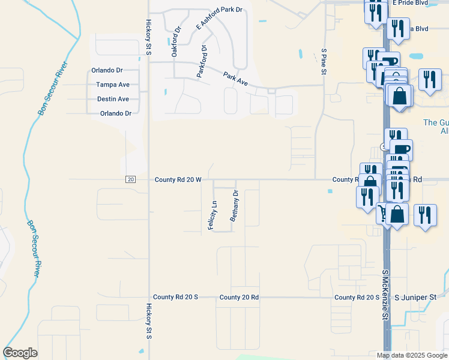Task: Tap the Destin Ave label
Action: (x=113, y=99)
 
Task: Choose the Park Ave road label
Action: (x=235, y=78)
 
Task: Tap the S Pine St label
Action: (x=324, y=62)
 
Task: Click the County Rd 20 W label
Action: (x=178, y=179)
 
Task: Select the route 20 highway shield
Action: (x=131, y=179)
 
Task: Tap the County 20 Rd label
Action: (x=239, y=297)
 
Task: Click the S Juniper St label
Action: (x=415, y=297)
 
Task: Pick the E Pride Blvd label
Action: (x=412, y=3)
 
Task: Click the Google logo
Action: (x=20, y=353)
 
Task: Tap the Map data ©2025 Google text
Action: (x=412, y=355)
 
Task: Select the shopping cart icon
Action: (x=382, y=213)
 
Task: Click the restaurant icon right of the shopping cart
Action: (x=426, y=215)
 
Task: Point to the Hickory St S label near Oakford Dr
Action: (x=148, y=38)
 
